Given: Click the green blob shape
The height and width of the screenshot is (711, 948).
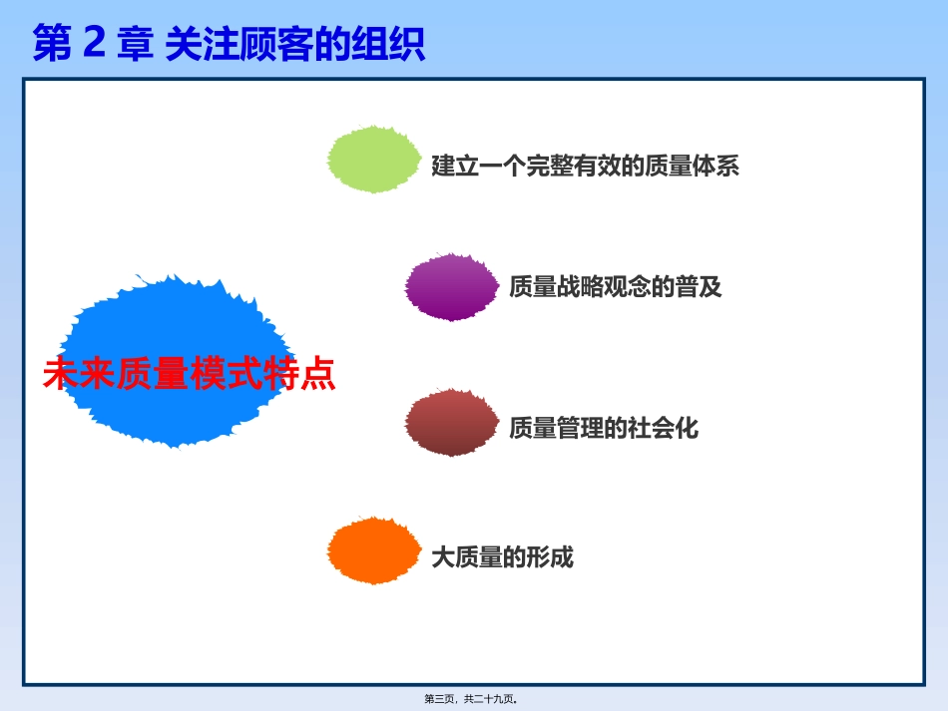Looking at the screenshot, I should (x=374, y=159).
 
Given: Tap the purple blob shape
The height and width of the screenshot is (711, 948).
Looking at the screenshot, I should (x=451, y=287).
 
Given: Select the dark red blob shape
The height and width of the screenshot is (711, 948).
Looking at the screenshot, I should (x=451, y=423).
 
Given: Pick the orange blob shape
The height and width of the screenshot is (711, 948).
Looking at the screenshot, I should (x=374, y=550).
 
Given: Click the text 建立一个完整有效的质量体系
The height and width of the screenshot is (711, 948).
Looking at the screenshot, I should (x=585, y=166).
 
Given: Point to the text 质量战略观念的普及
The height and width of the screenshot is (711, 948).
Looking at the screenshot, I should (x=615, y=287).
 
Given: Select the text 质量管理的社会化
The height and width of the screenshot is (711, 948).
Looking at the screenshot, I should (x=604, y=429).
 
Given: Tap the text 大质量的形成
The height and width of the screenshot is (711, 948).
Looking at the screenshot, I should (x=502, y=556).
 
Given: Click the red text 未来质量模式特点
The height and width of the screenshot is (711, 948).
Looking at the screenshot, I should (x=189, y=374).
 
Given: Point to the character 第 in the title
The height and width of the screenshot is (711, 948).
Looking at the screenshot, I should (x=53, y=45).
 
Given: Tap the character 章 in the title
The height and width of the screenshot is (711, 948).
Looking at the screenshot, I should (x=135, y=45).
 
